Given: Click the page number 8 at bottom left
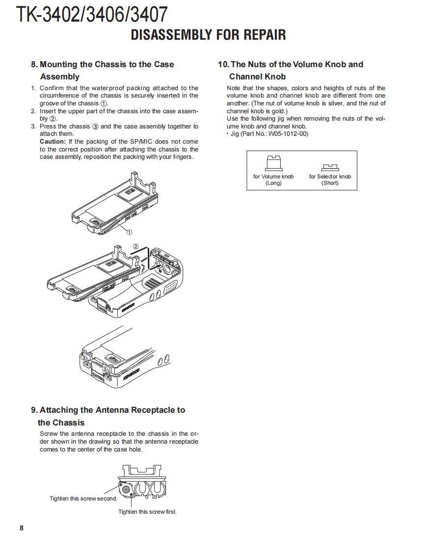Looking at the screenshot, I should (x=21, y=528).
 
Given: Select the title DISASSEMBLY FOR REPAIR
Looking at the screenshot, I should (x=208, y=35).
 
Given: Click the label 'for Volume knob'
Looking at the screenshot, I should (x=273, y=176).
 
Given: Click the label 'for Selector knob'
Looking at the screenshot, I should (x=330, y=176).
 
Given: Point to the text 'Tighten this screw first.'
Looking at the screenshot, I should (x=147, y=512).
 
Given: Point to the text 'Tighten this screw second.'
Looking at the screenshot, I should (x=83, y=499).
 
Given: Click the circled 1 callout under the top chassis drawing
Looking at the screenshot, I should (x=130, y=232).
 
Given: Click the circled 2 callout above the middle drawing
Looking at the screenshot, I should (x=136, y=247).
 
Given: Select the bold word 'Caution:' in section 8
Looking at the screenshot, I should (x=53, y=142).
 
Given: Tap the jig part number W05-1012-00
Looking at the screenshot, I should (x=288, y=134).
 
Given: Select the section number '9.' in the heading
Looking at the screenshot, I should (x=34, y=410).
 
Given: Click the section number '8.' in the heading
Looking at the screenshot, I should (x=34, y=64).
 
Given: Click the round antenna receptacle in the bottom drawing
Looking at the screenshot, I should (x=127, y=489).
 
